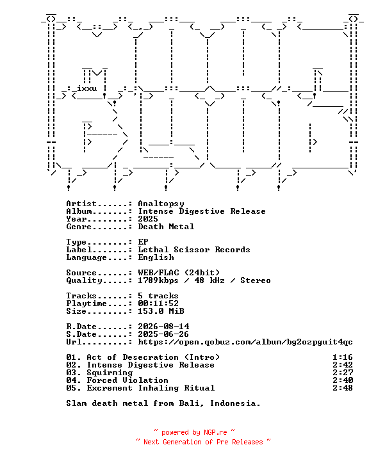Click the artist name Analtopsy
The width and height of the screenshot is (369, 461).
pos(161,204)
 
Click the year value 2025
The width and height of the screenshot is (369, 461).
pos(148,219)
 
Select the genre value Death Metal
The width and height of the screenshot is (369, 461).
pos(166,227)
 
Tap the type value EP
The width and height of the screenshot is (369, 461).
pos(143,242)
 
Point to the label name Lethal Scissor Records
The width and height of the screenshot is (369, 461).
pos(194,250)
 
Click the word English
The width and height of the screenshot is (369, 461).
pos(156,257)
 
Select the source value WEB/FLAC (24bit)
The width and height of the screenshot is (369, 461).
pos(179,273)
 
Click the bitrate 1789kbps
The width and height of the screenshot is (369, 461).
pos(158,280)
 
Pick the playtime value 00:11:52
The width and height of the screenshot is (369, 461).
pos(158,303)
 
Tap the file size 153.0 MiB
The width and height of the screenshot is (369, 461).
pos(161,311)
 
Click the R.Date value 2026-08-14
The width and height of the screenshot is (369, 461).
pos(163,327)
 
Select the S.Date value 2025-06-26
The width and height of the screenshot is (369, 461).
pos(163,334)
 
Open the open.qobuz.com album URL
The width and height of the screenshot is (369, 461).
pos(245,342)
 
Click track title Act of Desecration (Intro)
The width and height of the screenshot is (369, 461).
pos(153,357)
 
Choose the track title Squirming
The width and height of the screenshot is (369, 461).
pos(110,373)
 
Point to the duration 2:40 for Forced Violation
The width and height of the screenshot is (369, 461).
pos(343,380)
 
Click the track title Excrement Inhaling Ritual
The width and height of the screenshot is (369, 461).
pos(151,388)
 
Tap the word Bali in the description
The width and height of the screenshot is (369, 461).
pos(189,403)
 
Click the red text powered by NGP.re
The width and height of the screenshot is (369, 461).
pos(194,432)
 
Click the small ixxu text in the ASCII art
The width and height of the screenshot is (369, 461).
pos(87,88)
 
